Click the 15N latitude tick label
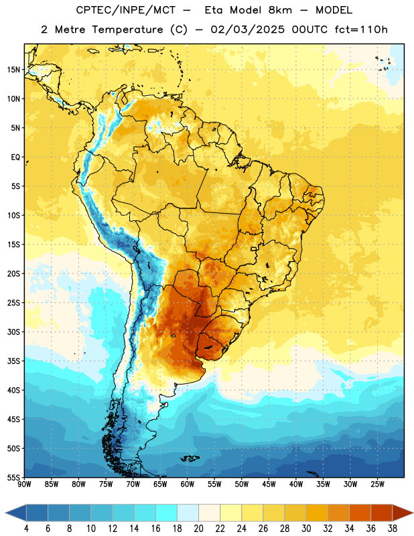tap(13, 70)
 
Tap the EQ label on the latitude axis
tap(15, 157)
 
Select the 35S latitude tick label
tap(13, 361)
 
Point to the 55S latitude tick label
tap(13, 477)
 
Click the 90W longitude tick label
tap(25, 484)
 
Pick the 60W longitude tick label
tap(188, 484)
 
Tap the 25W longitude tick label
tap(377, 484)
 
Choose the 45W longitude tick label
tap(269, 484)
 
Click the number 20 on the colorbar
tap(198, 529)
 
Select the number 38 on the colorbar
tap(393, 529)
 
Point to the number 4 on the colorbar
tap(26, 529)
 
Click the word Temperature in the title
tap(127, 29)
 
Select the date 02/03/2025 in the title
tap(248, 29)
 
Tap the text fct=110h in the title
tap(361, 29)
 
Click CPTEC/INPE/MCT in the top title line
tap(126, 10)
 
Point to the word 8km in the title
tap(281, 10)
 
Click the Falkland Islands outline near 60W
tap(190, 458)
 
